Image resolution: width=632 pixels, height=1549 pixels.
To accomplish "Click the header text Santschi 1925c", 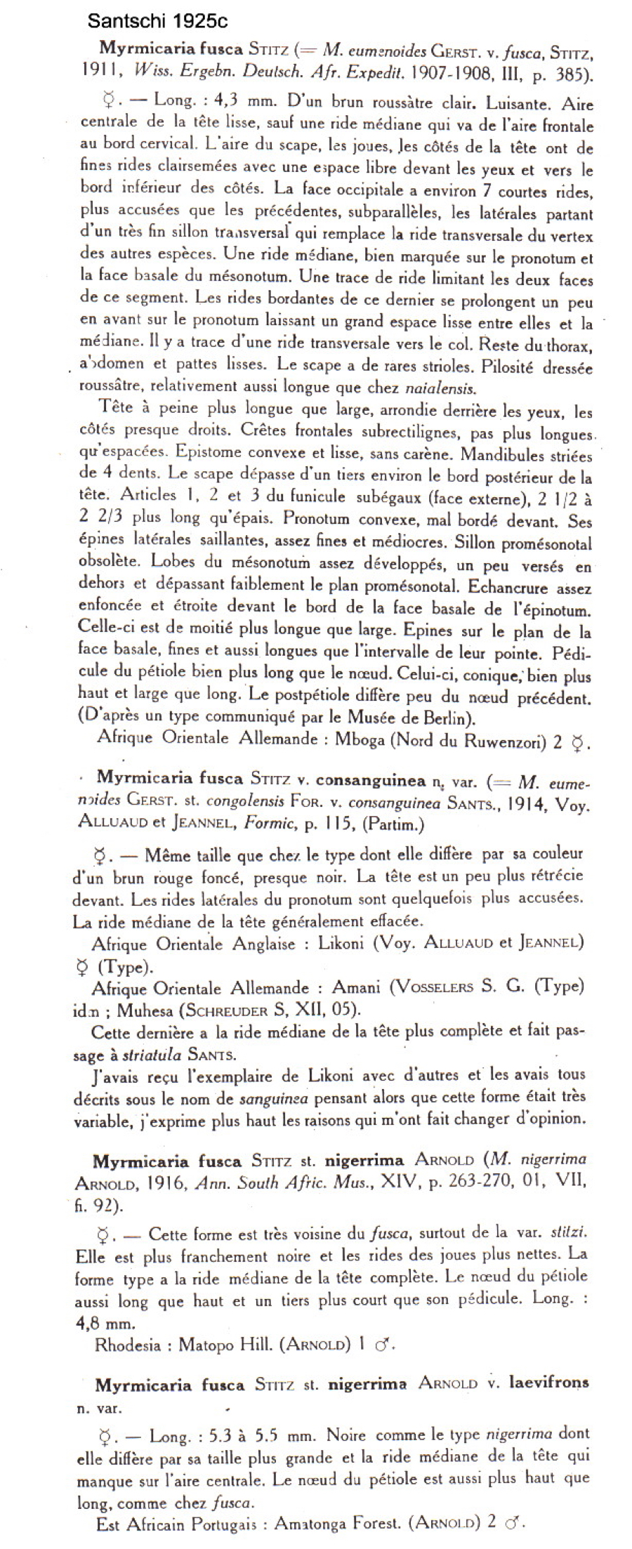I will point(157,22).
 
